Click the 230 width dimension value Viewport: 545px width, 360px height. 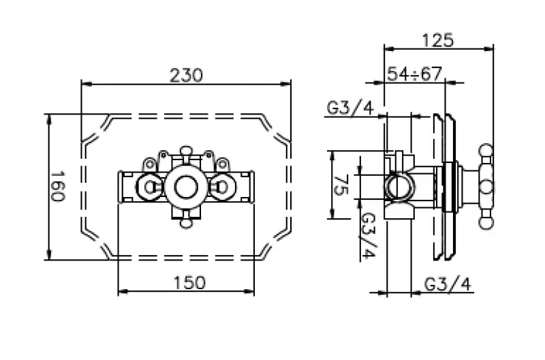tap(186, 75)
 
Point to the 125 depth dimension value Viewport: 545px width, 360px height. tap(438, 40)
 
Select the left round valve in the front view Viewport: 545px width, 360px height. tap(149, 185)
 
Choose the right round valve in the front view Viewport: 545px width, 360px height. tap(223, 185)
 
